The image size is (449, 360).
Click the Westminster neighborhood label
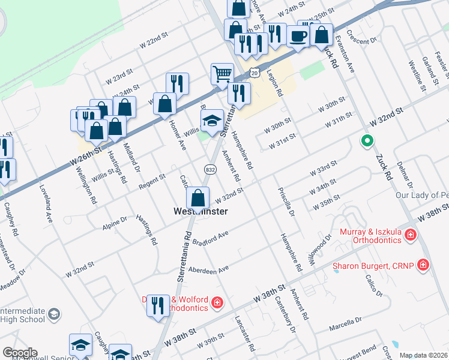[200, 212]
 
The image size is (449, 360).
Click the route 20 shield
[255, 73]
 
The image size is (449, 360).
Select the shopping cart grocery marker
[222, 74]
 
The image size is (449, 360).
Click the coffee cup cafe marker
[298, 35]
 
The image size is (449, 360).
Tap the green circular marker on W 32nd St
[367, 142]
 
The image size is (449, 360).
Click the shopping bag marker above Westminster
[197, 198]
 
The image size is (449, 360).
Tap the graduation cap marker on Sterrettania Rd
[211, 120]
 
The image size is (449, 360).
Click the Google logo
[20, 352]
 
